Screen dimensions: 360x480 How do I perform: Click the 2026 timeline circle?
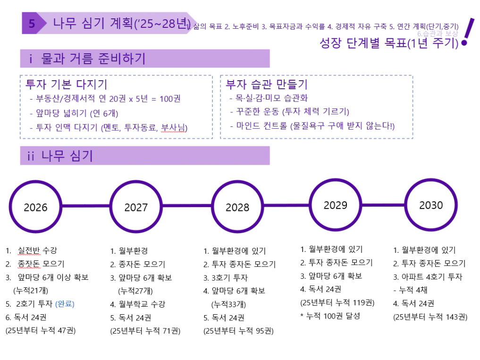pyautogui.click(x=35, y=207)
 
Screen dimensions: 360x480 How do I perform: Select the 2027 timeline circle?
pyautogui.click(x=136, y=207)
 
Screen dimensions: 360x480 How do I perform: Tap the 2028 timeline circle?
pyautogui.click(x=237, y=207)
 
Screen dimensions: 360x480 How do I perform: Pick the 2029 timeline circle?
pyautogui.click(x=336, y=205)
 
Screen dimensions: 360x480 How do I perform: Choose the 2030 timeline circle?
pyautogui.click(x=431, y=205)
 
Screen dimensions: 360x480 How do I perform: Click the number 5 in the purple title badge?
pyautogui.click(x=32, y=24)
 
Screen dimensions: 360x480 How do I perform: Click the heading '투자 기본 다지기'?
pyautogui.click(x=66, y=85)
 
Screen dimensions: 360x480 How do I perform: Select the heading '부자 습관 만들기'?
pyautogui.click(x=267, y=85)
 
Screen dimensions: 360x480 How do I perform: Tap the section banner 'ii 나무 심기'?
pyautogui.click(x=144, y=156)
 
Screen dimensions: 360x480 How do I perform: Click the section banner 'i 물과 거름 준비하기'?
pyautogui.click(x=144, y=59)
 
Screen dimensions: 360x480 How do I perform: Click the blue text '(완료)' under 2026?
pyautogui.click(x=65, y=303)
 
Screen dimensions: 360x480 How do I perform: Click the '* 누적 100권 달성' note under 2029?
pyautogui.click(x=330, y=316)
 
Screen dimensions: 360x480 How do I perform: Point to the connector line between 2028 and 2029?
pyautogui.click(x=286, y=206)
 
